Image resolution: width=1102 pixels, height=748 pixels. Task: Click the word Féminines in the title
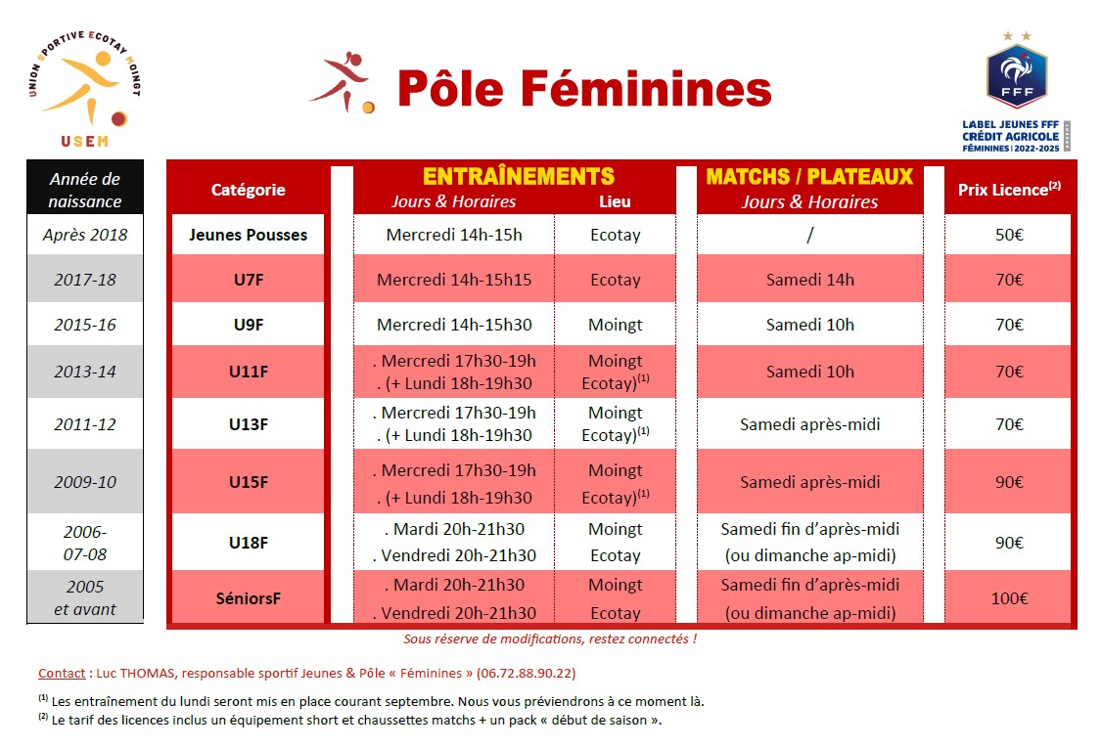click(645, 89)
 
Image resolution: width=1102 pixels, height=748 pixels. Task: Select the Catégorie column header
click(248, 190)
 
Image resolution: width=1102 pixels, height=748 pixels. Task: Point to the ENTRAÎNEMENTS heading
click(519, 176)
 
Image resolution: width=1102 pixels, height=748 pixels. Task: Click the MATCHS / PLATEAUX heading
click(809, 176)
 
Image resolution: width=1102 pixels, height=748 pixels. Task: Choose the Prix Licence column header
click(1008, 190)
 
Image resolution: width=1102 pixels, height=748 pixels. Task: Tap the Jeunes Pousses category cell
click(248, 235)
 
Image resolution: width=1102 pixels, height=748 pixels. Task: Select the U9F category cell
click(248, 325)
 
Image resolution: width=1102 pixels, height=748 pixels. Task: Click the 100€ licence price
click(1009, 598)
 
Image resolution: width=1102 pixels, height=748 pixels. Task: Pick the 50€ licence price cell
click(1008, 235)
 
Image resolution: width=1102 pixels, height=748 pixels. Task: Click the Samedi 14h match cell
click(809, 280)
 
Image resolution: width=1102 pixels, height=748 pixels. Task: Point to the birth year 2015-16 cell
click(85, 325)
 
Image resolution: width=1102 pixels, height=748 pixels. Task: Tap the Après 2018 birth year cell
click(85, 235)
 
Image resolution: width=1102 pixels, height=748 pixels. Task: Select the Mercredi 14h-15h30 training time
click(454, 325)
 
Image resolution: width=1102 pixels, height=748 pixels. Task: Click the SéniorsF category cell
click(248, 598)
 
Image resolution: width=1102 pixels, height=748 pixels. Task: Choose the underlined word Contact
click(62, 673)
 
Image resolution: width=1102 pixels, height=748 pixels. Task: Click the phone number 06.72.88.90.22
click(526, 673)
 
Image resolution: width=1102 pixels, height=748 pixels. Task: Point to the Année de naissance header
click(85, 190)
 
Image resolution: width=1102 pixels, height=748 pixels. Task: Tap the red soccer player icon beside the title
click(342, 82)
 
